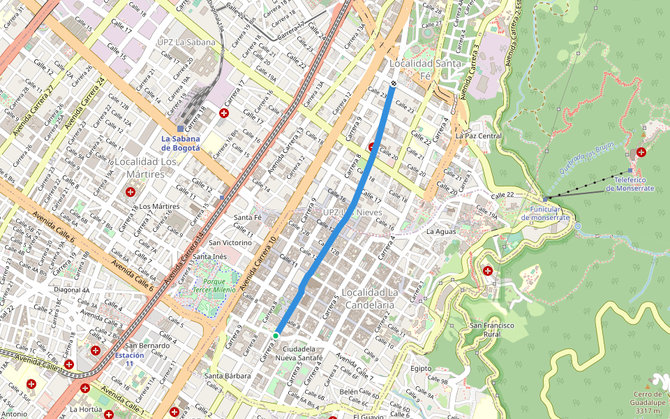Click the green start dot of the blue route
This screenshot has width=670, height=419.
coord(276,336)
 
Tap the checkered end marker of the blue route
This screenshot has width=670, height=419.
coord(394,84)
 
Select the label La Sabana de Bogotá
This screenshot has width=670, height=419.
coord(181,143)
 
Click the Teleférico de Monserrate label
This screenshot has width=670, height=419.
coord(630,184)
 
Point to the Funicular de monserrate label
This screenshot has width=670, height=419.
coord(546,214)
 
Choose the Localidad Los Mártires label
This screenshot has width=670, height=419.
coord(145,168)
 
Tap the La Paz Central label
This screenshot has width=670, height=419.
coord(479,135)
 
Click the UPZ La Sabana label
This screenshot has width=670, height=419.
coord(187,42)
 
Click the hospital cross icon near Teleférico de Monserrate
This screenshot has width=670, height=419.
coord(641,152)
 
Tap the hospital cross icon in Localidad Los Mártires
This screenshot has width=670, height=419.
coord(130,191)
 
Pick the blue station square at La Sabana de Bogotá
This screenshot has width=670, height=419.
coord(180,128)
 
